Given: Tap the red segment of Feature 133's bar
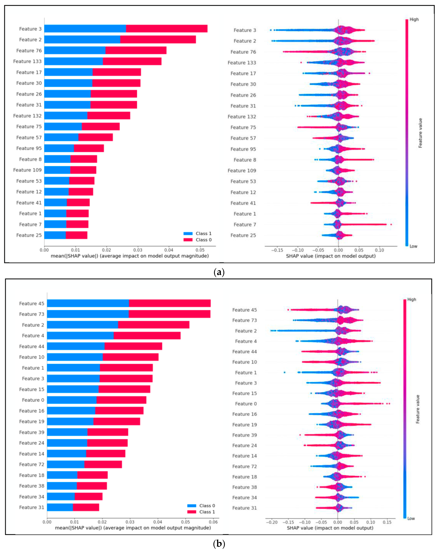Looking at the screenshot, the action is [x=132, y=61].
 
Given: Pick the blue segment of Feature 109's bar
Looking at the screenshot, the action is [x=57, y=170].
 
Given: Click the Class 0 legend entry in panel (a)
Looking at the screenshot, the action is [x=197, y=240].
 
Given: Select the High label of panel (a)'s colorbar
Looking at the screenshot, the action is [x=414, y=19].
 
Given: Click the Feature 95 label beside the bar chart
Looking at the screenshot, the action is [x=29, y=148].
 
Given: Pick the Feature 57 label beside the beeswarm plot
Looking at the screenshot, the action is [x=243, y=138].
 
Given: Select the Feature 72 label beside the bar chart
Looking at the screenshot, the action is [x=32, y=464].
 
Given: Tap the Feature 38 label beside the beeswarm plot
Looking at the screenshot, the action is [x=244, y=487].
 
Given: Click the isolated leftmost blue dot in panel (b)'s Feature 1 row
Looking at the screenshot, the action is [x=285, y=372].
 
